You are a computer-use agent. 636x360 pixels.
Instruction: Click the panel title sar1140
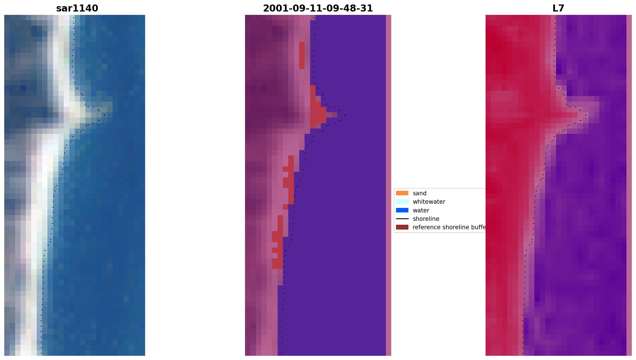click(x=77, y=8)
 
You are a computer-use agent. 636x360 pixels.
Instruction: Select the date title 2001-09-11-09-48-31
click(x=318, y=8)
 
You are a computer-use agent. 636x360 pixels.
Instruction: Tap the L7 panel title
click(x=558, y=8)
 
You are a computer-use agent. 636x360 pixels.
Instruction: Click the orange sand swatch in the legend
click(x=402, y=193)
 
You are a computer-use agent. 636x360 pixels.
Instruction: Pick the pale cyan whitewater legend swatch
click(x=402, y=201)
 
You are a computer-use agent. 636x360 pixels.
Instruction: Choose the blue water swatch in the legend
click(x=402, y=210)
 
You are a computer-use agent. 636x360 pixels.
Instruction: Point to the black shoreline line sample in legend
click(x=402, y=219)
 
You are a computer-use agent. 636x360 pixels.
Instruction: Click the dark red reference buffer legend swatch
click(x=402, y=227)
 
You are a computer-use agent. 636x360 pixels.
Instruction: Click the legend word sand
click(x=420, y=193)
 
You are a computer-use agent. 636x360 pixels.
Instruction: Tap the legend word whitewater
click(x=429, y=202)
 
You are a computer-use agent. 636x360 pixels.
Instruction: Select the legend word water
click(x=421, y=210)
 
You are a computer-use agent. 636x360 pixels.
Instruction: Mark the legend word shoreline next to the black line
click(x=426, y=219)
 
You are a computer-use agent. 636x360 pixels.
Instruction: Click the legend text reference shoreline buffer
click(x=449, y=227)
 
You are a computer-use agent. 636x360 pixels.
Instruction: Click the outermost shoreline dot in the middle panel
click(x=345, y=115)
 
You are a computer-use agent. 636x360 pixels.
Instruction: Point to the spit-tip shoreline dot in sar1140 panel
click(x=105, y=115)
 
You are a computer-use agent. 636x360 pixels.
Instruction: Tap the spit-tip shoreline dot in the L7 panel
click(x=586, y=115)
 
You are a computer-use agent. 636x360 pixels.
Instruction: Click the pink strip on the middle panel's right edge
click(x=388, y=185)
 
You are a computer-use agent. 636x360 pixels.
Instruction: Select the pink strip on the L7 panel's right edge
click(x=629, y=185)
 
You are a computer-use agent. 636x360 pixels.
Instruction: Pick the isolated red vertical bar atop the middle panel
click(x=302, y=55)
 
